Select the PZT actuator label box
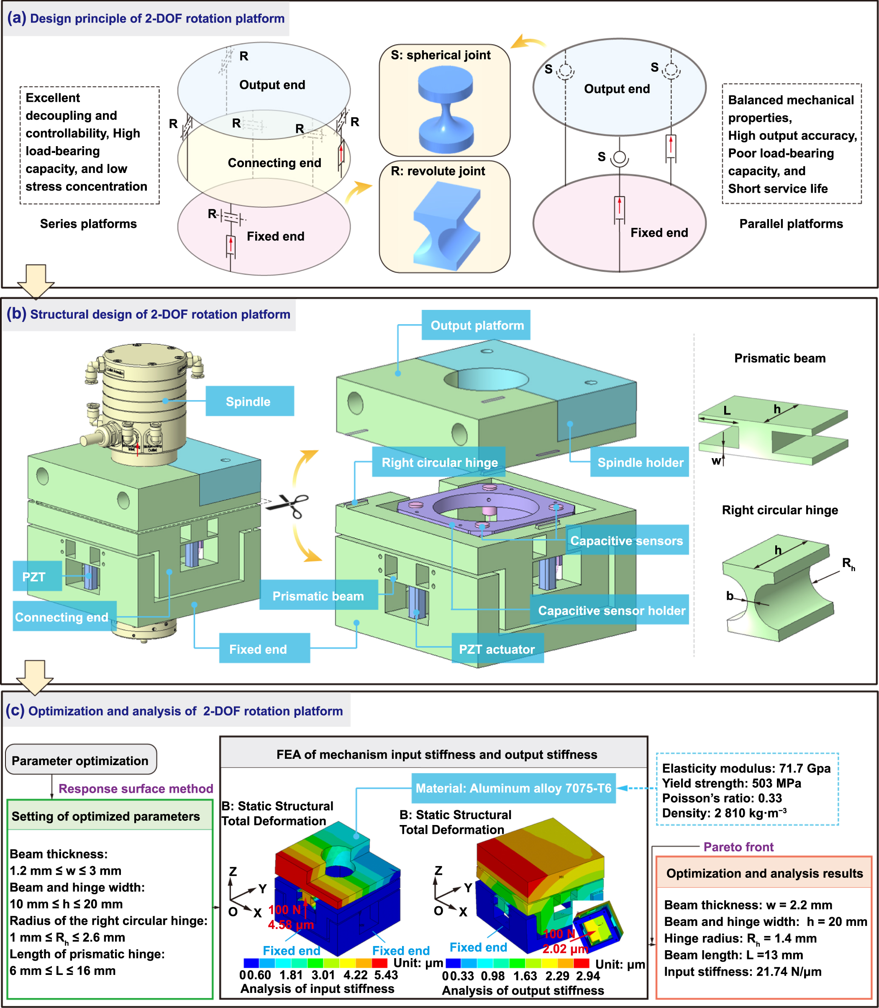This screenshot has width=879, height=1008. [x=497, y=649]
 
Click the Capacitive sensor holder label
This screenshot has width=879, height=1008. [x=611, y=610]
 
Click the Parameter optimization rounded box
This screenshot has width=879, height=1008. [x=80, y=760]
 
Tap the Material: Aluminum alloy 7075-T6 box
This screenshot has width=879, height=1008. [x=513, y=788]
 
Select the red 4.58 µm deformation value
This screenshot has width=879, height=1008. [x=290, y=925]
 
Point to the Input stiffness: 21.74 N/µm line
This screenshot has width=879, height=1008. [x=742, y=971]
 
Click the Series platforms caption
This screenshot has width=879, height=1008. [x=88, y=224]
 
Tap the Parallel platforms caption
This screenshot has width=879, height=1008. [x=790, y=224]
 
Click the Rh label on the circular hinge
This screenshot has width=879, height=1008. [x=848, y=564]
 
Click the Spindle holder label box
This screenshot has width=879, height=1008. [x=640, y=462]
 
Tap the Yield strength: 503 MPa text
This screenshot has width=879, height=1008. [x=731, y=783]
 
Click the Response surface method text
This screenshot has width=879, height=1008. [x=136, y=788]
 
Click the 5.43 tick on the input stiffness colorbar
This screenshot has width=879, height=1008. [x=386, y=974]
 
